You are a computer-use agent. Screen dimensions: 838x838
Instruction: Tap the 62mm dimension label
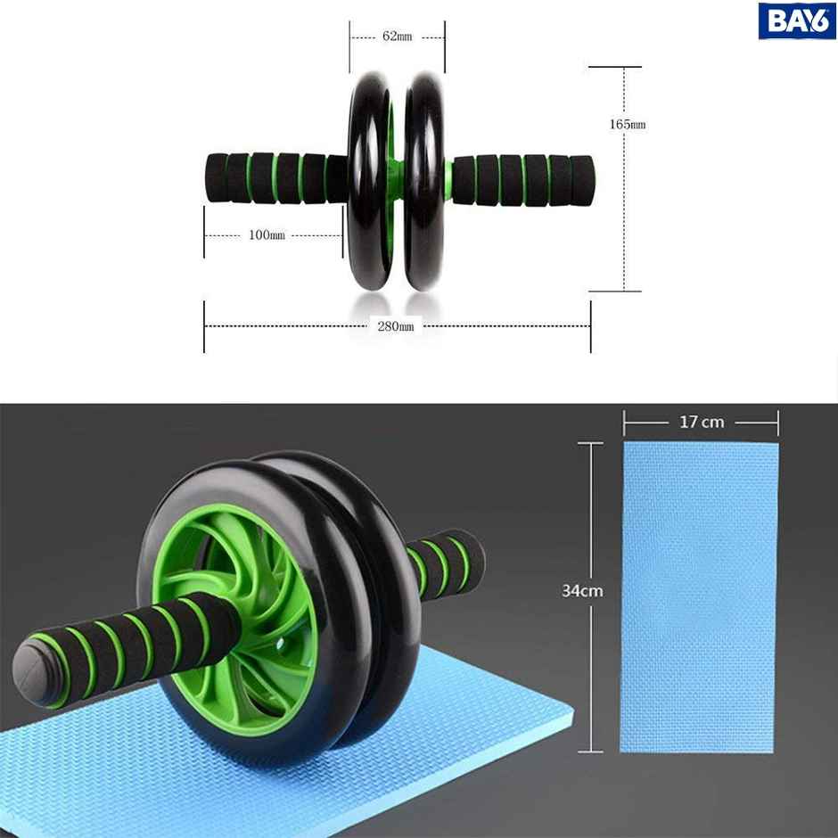pos(397,37)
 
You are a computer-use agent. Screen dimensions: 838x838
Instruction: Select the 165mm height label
pos(627,124)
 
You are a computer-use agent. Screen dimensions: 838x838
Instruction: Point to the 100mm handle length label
pos(267,235)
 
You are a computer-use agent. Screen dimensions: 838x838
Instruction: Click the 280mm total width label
pos(395,326)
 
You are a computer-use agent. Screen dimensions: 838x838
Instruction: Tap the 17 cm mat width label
pos(702,422)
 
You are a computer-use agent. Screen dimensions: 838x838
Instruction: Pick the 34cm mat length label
pos(581,590)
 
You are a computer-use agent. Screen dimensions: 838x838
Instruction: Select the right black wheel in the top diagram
pos(424,178)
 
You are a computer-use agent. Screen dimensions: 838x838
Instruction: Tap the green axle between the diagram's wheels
pos(396,169)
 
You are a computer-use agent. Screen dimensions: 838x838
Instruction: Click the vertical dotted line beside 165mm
pos(624,214)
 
